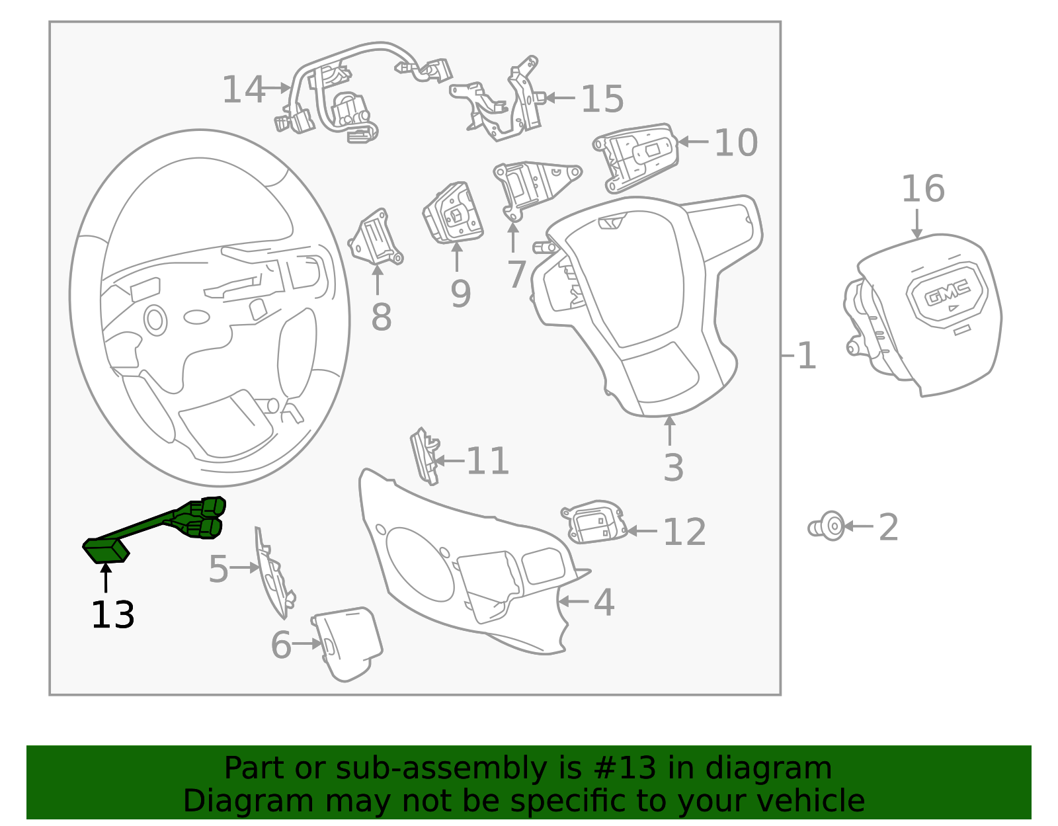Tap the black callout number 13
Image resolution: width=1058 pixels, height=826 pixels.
pyautogui.click(x=112, y=616)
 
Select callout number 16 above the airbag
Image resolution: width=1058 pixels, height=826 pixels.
pyautogui.click(x=922, y=189)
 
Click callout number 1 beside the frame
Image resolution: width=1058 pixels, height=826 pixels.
pyautogui.click(x=807, y=356)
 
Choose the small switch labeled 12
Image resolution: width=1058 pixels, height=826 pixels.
pyautogui.click(x=594, y=522)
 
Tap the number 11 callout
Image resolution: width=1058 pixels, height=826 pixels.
pyautogui.click(x=487, y=461)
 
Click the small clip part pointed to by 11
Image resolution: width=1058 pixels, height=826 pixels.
pyautogui.click(x=424, y=455)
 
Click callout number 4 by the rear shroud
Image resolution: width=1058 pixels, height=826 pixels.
pyautogui.click(x=604, y=602)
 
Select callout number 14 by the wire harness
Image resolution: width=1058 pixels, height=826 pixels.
pyautogui.click(x=243, y=90)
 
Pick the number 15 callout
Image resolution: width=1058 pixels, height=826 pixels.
pyautogui.click(x=602, y=99)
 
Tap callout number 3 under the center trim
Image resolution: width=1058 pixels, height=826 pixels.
pyautogui.click(x=672, y=468)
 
